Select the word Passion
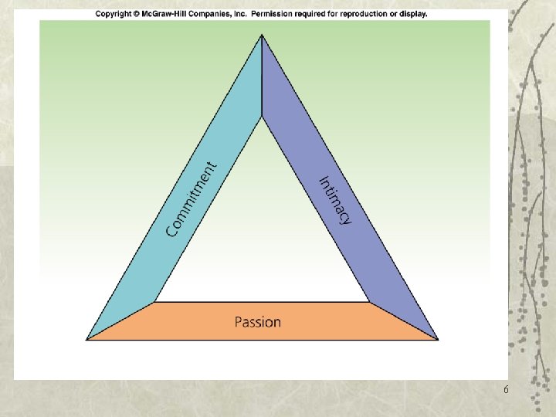pyautogui.click(x=258, y=321)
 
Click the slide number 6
pyautogui.click(x=506, y=390)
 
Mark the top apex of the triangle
pyautogui.click(x=262, y=35)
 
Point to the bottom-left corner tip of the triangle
pyautogui.click(x=86, y=339)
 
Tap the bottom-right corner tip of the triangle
pyautogui.click(x=438, y=339)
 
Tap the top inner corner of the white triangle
pyautogui.click(x=262, y=118)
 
